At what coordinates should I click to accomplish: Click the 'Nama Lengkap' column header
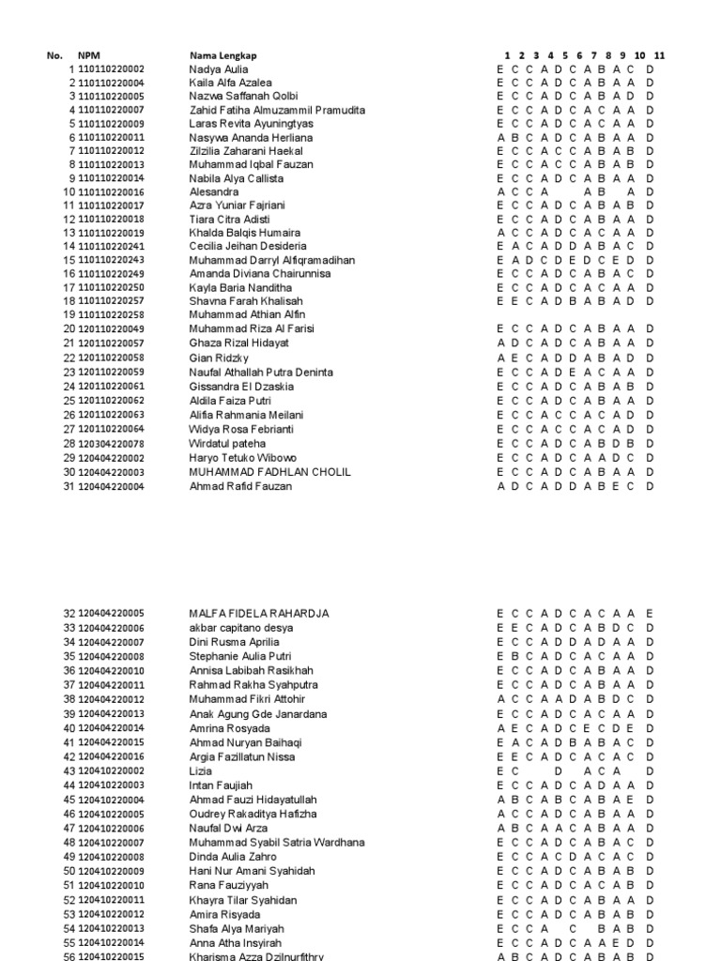click(217, 56)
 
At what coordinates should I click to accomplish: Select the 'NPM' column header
click(87, 56)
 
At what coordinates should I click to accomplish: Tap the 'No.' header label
click(54, 56)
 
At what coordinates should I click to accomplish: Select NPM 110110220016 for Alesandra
click(112, 191)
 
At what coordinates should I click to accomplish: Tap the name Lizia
click(200, 770)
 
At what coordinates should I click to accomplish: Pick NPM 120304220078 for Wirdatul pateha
click(112, 443)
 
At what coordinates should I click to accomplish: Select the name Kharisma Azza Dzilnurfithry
click(256, 956)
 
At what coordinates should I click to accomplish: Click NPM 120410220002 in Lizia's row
click(112, 770)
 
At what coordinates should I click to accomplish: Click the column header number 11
click(660, 56)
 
